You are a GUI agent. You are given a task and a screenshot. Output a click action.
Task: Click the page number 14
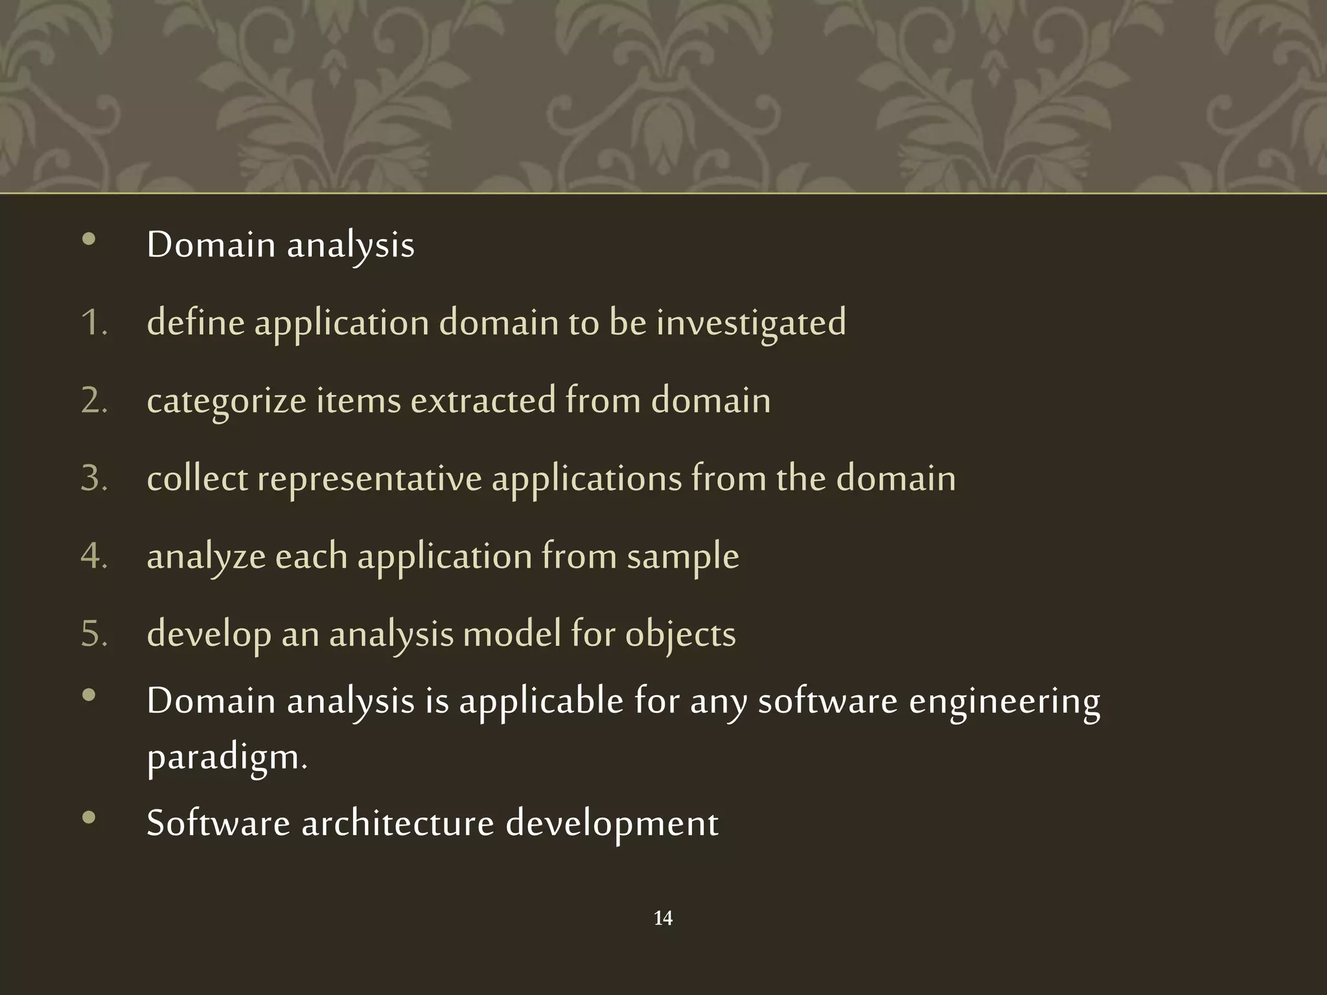(x=663, y=918)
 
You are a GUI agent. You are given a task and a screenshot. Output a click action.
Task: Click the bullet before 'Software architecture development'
(x=89, y=818)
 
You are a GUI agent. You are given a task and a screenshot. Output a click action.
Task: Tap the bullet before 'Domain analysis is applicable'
(x=89, y=696)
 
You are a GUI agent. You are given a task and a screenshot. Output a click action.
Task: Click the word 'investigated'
(x=751, y=323)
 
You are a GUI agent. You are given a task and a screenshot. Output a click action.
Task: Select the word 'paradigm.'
(x=227, y=758)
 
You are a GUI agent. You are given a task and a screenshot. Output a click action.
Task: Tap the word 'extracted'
(x=483, y=400)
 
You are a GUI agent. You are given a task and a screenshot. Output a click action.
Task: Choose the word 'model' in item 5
(x=512, y=634)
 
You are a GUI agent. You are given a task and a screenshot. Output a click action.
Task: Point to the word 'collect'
(x=197, y=478)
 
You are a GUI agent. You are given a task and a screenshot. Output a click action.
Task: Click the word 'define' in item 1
(x=196, y=323)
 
